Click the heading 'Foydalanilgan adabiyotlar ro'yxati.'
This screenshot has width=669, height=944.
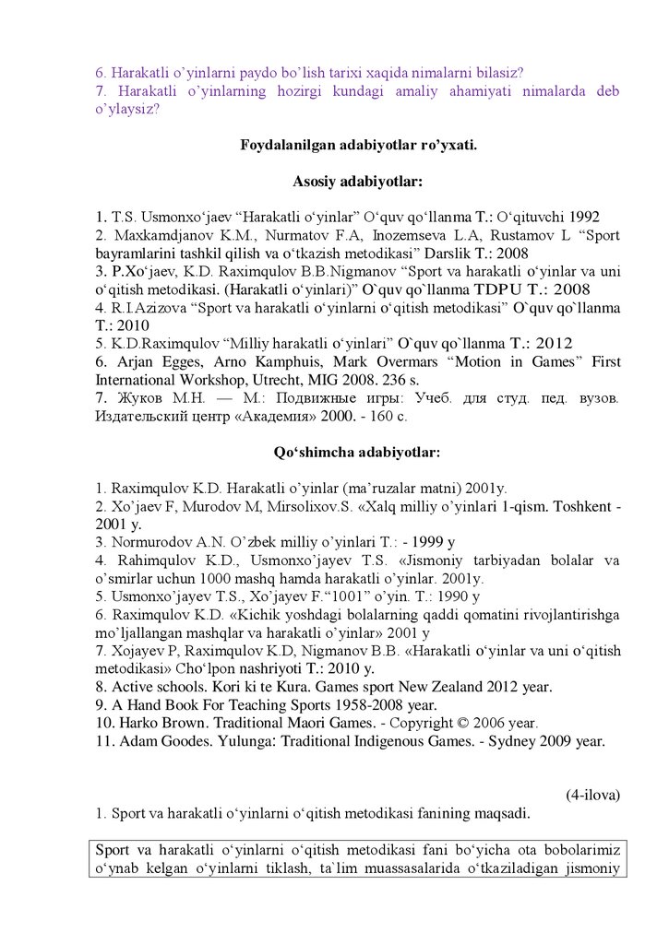357,145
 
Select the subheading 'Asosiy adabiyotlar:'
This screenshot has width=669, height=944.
357,182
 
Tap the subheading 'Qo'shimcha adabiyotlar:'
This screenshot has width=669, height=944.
357,453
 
